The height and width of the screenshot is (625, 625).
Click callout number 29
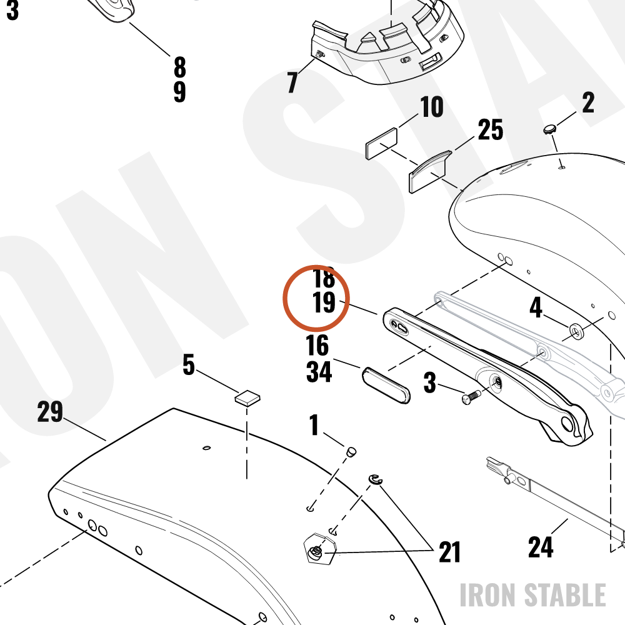(x=50, y=411)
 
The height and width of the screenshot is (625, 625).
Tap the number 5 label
(x=189, y=365)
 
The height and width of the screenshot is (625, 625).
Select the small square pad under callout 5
(x=247, y=397)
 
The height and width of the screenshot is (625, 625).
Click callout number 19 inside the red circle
(x=324, y=302)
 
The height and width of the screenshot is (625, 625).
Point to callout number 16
(x=317, y=345)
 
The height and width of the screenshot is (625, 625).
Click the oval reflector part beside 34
(x=386, y=386)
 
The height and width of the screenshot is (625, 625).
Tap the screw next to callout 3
(x=471, y=397)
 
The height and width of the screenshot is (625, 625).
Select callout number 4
(x=536, y=307)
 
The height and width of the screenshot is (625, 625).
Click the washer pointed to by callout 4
(x=576, y=332)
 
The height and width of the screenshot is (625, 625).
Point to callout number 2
(x=588, y=102)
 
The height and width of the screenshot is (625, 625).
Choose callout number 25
(x=490, y=129)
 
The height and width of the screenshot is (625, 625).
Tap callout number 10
(x=432, y=106)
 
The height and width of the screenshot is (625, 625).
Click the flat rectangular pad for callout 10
(x=381, y=144)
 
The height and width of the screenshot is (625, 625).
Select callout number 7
(x=292, y=82)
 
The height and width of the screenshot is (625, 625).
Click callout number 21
(x=449, y=552)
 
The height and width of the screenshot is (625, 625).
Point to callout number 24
(x=541, y=547)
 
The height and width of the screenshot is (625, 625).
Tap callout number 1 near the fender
(x=314, y=425)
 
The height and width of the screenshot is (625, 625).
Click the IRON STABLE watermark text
(x=533, y=595)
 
